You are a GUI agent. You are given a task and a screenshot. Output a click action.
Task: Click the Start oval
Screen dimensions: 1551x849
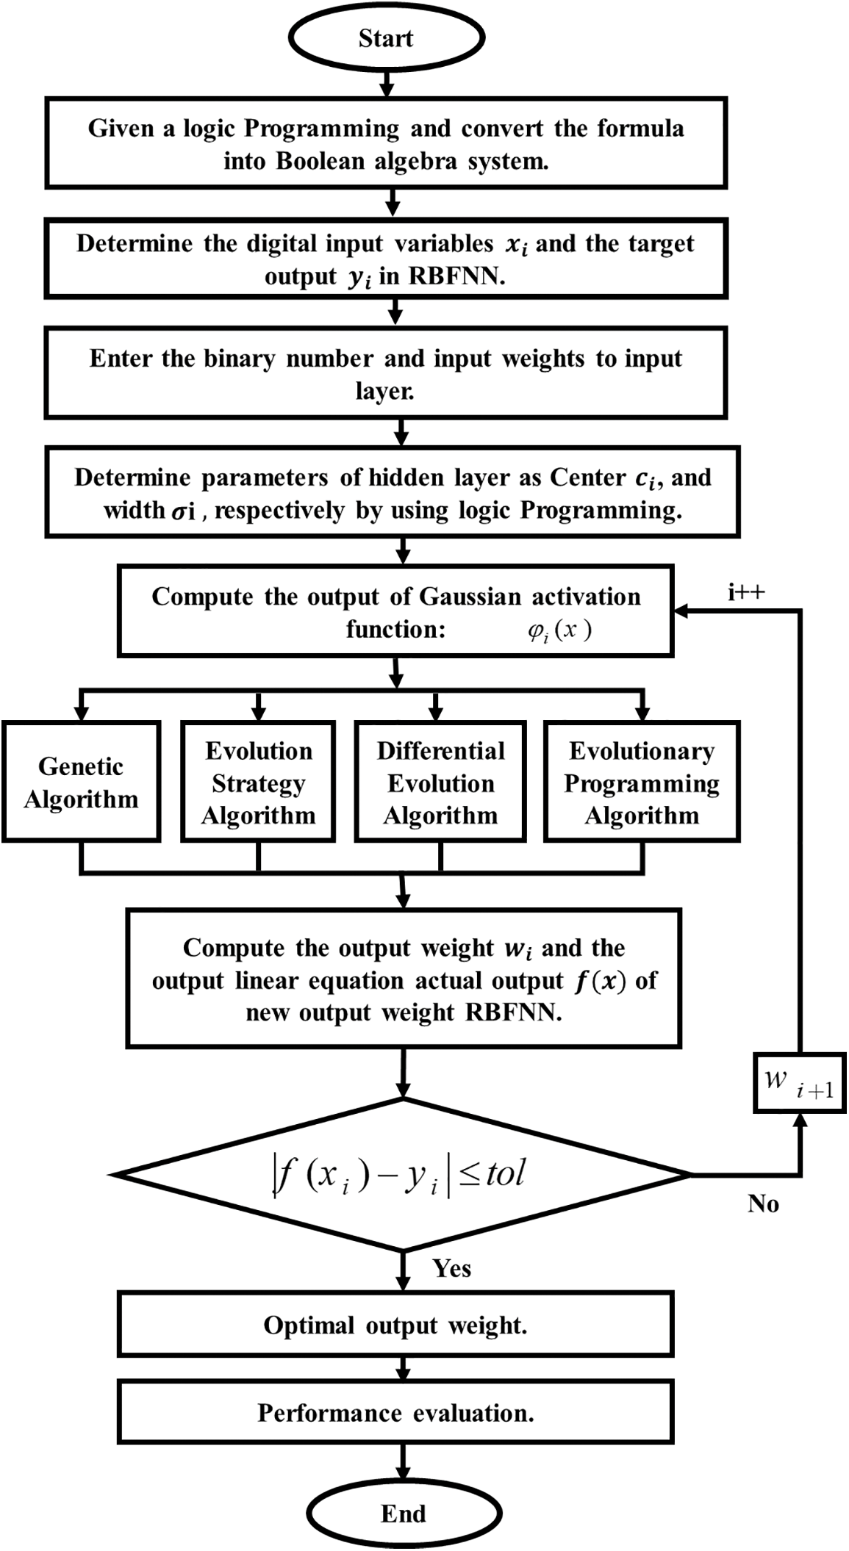(x=386, y=38)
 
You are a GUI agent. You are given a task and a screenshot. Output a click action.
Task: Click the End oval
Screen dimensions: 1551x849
(x=404, y=1514)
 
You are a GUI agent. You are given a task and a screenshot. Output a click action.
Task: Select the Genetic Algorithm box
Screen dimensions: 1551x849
(x=81, y=782)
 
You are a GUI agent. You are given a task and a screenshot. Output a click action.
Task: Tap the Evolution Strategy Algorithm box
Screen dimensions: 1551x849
(x=258, y=782)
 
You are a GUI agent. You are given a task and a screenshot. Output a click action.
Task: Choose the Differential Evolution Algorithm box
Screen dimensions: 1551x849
(x=440, y=782)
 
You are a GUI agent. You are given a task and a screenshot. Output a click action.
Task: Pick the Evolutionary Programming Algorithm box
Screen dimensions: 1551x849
(x=642, y=782)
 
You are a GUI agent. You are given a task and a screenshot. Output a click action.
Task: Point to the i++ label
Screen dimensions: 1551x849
(x=746, y=592)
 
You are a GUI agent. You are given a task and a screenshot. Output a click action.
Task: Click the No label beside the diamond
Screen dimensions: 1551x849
(x=763, y=1203)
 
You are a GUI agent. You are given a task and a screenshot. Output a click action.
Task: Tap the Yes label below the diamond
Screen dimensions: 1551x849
(x=451, y=1268)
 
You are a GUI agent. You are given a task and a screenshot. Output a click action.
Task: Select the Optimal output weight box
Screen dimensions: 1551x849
(x=395, y=1325)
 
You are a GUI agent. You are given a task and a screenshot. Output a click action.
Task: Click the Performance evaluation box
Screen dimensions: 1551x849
(x=395, y=1413)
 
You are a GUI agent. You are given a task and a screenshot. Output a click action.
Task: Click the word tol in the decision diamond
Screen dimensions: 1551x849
(x=505, y=1173)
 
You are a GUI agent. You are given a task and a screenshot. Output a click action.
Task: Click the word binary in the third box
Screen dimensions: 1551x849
(x=241, y=359)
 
